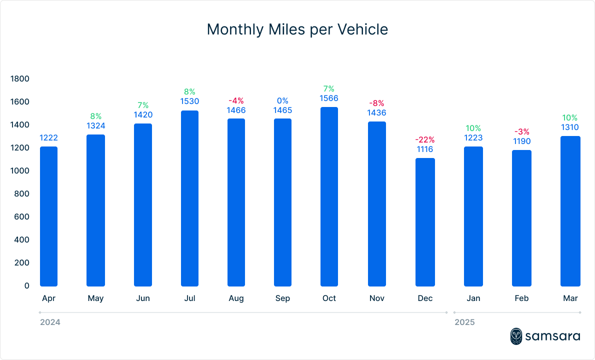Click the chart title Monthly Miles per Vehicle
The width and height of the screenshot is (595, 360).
point(297,29)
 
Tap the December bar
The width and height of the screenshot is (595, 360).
point(425,222)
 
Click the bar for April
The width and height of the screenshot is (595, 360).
point(48,216)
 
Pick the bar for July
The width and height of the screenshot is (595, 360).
point(189,198)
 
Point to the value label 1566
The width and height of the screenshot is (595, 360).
point(329,98)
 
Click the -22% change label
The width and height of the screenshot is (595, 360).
point(425,139)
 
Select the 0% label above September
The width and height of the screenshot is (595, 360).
point(282,101)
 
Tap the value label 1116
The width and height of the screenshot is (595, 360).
point(425,149)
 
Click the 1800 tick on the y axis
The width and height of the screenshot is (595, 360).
point(20,79)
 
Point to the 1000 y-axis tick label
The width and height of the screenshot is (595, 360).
point(20,171)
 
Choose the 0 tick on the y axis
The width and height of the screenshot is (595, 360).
point(26,286)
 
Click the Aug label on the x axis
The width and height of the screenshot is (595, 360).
point(236,298)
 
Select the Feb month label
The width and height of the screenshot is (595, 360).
point(521,298)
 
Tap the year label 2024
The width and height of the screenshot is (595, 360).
point(50,322)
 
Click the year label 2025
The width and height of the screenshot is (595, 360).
point(464,322)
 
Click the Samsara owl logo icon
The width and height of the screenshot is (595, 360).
point(516,336)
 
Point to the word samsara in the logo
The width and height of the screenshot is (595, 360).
point(552,336)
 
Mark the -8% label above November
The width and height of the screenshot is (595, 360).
point(377,103)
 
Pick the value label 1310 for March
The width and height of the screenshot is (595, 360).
point(569,127)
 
